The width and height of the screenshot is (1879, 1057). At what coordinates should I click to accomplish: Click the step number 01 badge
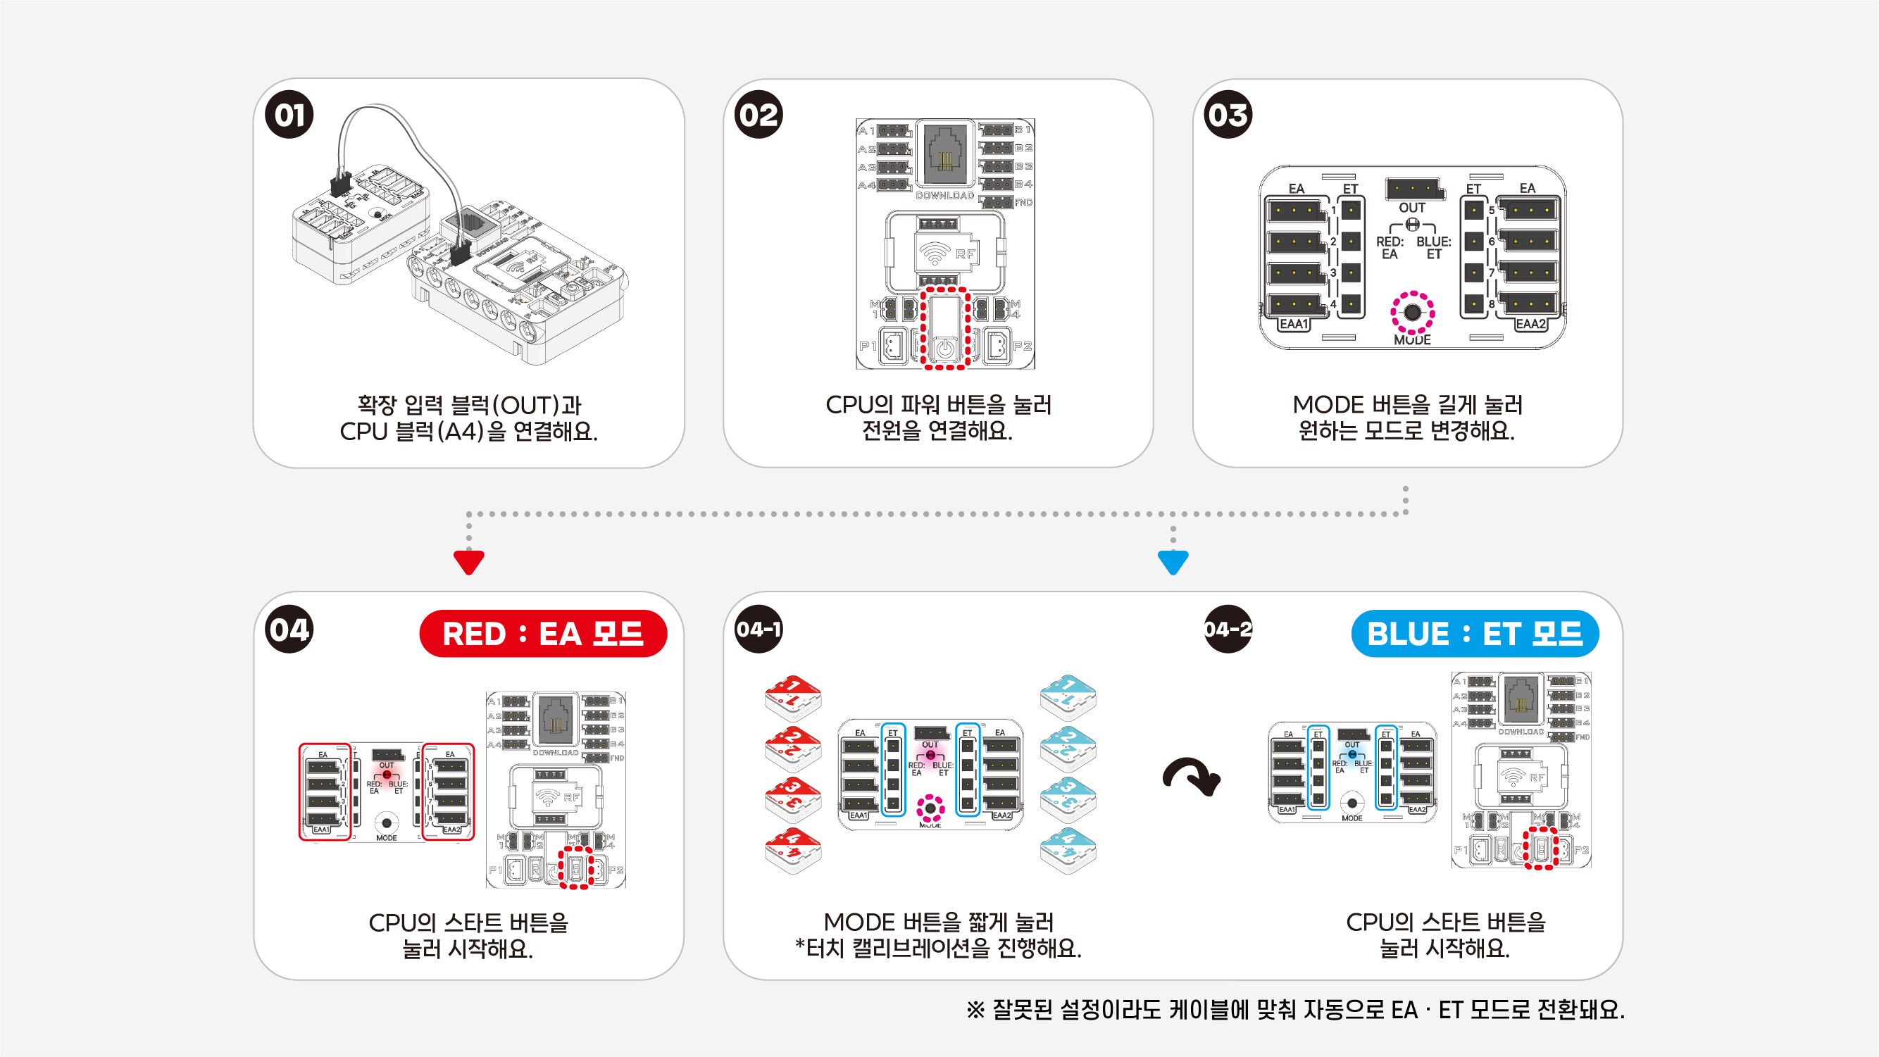(x=289, y=115)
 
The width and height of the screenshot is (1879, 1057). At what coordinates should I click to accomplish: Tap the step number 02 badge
(x=759, y=115)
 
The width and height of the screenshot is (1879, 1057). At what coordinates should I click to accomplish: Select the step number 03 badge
(x=1228, y=115)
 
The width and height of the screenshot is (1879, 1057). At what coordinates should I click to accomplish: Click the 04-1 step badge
(x=759, y=629)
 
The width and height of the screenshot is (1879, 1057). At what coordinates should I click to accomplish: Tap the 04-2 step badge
(x=1228, y=629)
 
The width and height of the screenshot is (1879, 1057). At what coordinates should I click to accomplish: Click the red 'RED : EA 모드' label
(x=543, y=633)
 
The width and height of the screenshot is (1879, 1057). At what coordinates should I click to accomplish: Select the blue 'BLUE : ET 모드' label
(x=1474, y=633)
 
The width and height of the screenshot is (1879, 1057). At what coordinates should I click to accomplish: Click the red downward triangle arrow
(x=468, y=563)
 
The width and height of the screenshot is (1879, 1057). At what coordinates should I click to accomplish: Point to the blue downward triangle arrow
(x=1173, y=563)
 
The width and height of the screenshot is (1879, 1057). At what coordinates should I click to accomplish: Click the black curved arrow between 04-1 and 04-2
(x=1192, y=777)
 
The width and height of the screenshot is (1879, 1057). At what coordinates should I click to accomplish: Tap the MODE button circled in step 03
(x=1412, y=313)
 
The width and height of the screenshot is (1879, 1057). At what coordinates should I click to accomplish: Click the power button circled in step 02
(x=944, y=348)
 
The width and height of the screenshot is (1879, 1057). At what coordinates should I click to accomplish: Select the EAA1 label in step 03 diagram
(x=1294, y=324)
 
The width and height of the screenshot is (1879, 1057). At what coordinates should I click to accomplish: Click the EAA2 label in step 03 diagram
(x=1530, y=324)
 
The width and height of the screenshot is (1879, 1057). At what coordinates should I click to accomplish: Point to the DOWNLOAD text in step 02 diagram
(x=944, y=196)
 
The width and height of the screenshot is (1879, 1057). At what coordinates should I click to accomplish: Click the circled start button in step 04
(x=576, y=868)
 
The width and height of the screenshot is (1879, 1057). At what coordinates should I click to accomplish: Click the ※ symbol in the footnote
(x=975, y=1011)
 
